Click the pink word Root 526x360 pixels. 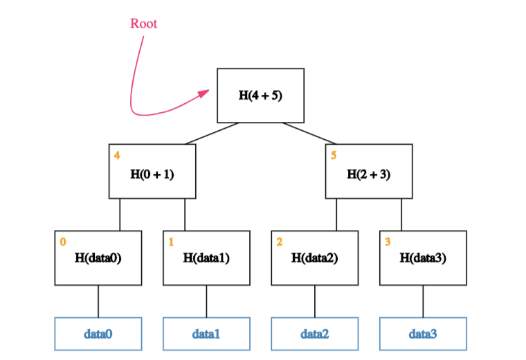(143, 24)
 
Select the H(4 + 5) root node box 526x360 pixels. (260, 95)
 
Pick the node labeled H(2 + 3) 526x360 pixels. (369, 171)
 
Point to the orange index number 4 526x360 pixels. (116, 155)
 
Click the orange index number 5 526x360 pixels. (334, 155)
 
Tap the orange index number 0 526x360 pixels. (62, 242)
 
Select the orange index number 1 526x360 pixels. (171, 242)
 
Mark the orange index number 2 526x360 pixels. (279, 242)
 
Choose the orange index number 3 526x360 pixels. (388, 242)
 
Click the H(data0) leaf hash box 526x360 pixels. (98, 258)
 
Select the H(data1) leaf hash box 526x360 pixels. (206, 258)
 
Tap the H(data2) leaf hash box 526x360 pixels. (315, 258)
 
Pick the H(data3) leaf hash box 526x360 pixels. (423, 258)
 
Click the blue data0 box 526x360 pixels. (98, 334)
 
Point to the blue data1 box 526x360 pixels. (206, 334)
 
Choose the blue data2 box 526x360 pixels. (315, 334)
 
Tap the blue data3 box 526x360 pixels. (423, 334)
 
